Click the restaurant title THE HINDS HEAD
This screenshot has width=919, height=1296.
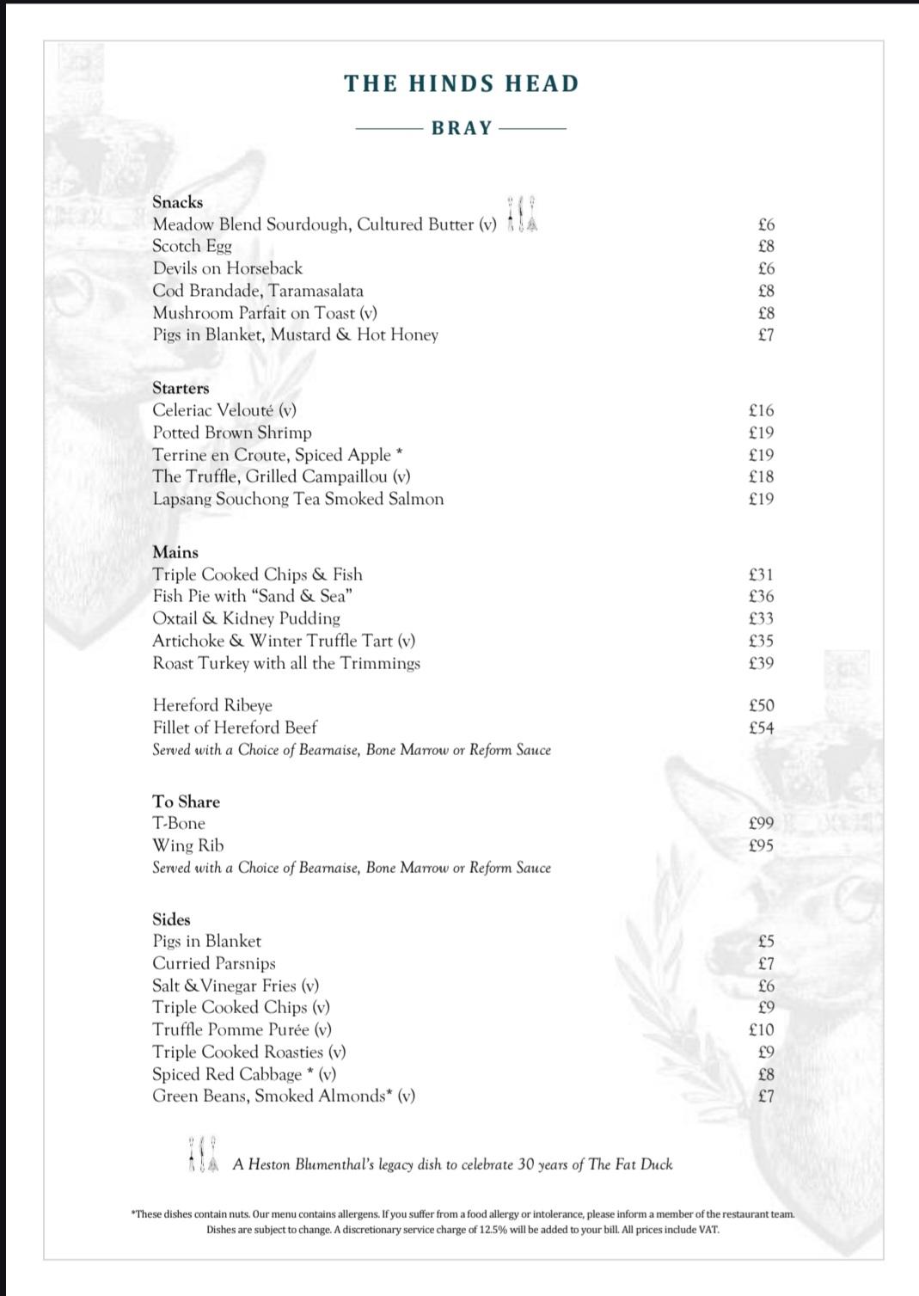[462, 83]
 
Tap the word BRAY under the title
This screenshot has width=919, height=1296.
[462, 128]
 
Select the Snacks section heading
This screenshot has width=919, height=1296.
[178, 202]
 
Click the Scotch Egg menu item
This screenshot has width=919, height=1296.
[192, 246]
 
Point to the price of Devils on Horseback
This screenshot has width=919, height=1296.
[766, 268]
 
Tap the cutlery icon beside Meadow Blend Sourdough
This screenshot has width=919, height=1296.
[522, 215]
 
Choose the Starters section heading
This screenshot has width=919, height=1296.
[181, 388]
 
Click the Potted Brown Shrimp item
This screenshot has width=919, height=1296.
[232, 433]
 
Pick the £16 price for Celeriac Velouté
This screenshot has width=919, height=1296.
[761, 410]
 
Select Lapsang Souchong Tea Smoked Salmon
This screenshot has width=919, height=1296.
[298, 499]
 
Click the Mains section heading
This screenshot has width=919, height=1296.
[175, 552]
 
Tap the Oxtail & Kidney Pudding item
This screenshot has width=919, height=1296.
[246, 618]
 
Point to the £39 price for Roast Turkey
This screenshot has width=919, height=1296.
[761, 663]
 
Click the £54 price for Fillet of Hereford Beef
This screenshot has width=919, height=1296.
[761, 728]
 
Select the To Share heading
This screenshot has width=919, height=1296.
[186, 802]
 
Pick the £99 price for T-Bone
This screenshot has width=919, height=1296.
[761, 823]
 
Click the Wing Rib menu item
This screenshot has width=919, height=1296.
[188, 845]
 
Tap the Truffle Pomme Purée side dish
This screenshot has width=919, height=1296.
[242, 1029]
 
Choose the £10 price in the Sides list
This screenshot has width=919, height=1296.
[761, 1029]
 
